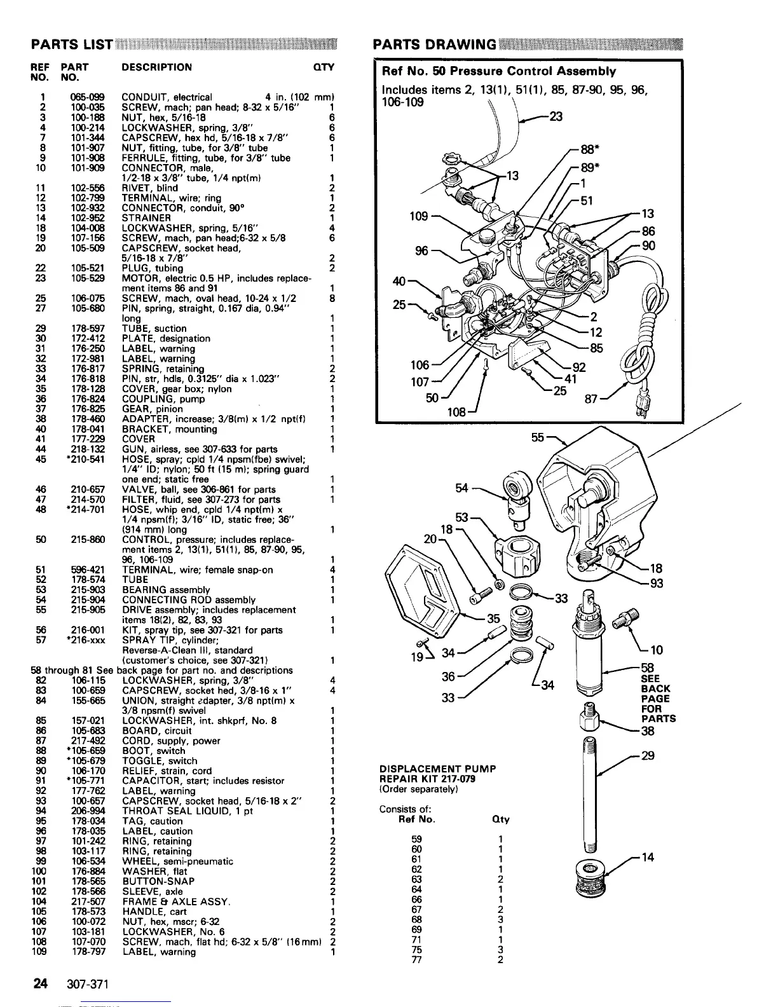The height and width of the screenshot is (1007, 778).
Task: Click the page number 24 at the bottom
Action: pyautogui.click(x=41, y=985)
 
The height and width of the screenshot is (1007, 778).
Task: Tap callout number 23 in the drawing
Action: pyautogui.click(x=556, y=116)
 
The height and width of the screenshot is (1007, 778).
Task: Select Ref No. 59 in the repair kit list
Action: pyautogui.click(x=417, y=839)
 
